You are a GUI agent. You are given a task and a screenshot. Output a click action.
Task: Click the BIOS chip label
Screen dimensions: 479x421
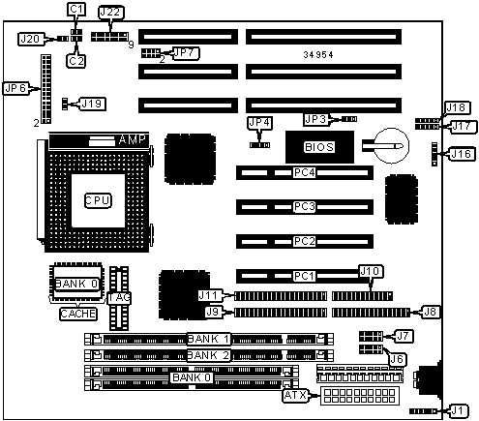(x=319, y=147)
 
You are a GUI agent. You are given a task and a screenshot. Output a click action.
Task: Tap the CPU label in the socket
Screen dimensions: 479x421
(x=98, y=200)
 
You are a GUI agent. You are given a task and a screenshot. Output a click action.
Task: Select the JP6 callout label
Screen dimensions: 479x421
(x=15, y=88)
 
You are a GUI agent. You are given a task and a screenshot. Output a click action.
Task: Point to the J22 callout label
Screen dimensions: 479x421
(x=110, y=13)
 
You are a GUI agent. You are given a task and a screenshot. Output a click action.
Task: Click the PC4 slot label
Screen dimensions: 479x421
(x=304, y=172)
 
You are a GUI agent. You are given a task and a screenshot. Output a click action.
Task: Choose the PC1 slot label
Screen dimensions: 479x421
(x=304, y=276)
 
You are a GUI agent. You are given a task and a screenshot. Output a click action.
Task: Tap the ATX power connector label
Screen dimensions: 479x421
(x=295, y=395)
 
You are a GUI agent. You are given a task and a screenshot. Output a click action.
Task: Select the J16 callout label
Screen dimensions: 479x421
(x=462, y=154)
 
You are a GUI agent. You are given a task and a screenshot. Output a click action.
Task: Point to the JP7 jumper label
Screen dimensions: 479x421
(x=186, y=53)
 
